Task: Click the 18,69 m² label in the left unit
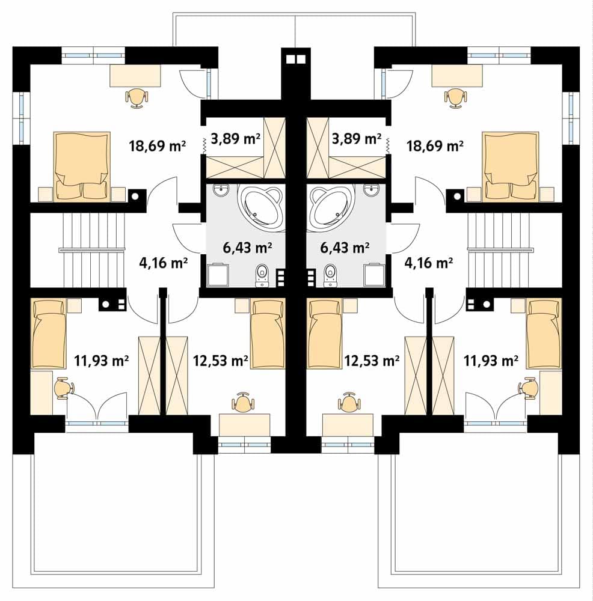pyautogui.click(x=158, y=145)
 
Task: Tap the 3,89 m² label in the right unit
pyautogui.click(x=356, y=138)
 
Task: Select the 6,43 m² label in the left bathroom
pyautogui.click(x=247, y=247)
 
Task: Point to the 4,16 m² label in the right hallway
pyautogui.click(x=429, y=263)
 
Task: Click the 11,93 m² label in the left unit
pyautogui.click(x=101, y=360)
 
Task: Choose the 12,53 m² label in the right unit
pyautogui.click(x=372, y=360)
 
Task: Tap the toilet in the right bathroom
pyautogui.click(x=330, y=275)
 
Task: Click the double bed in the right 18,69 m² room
pyautogui.click(x=511, y=166)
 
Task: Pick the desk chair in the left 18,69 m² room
pyautogui.click(x=137, y=97)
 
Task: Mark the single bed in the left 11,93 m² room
pyautogui.click(x=48, y=334)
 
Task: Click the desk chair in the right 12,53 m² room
pyautogui.click(x=349, y=403)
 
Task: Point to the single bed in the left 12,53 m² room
pyautogui.click(x=268, y=334)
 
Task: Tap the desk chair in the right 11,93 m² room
pyautogui.click(x=530, y=388)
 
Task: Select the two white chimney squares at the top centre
pyautogui.click(x=296, y=59)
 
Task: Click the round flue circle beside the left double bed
pyautogui.click(x=135, y=197)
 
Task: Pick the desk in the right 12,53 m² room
pyautogui.click(x=348, y=425)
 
